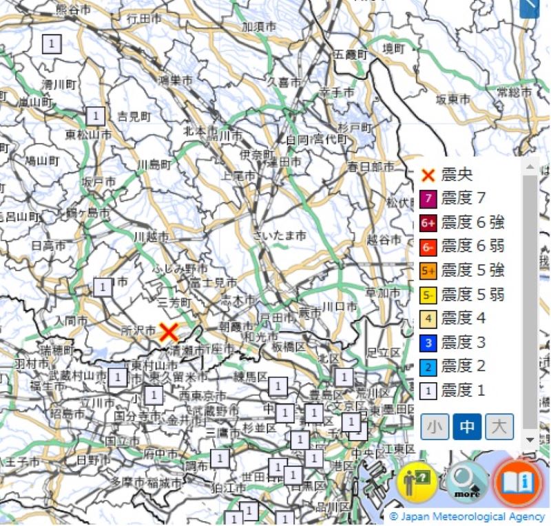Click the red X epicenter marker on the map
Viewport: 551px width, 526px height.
(169, 333)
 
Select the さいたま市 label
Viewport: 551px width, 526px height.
(280, 235)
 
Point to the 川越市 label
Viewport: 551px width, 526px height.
(151, 237)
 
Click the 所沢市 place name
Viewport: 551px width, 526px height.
(137, 331)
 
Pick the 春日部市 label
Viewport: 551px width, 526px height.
(371, 167)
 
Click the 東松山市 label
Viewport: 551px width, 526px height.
(88, 134)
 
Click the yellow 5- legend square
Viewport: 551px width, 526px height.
(428, 295)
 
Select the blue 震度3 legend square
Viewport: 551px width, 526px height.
(428, 342)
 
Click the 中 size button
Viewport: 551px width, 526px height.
(467, 427)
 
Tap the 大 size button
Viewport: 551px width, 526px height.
(499, 427)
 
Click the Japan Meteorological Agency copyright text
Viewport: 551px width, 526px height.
(468, 516)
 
